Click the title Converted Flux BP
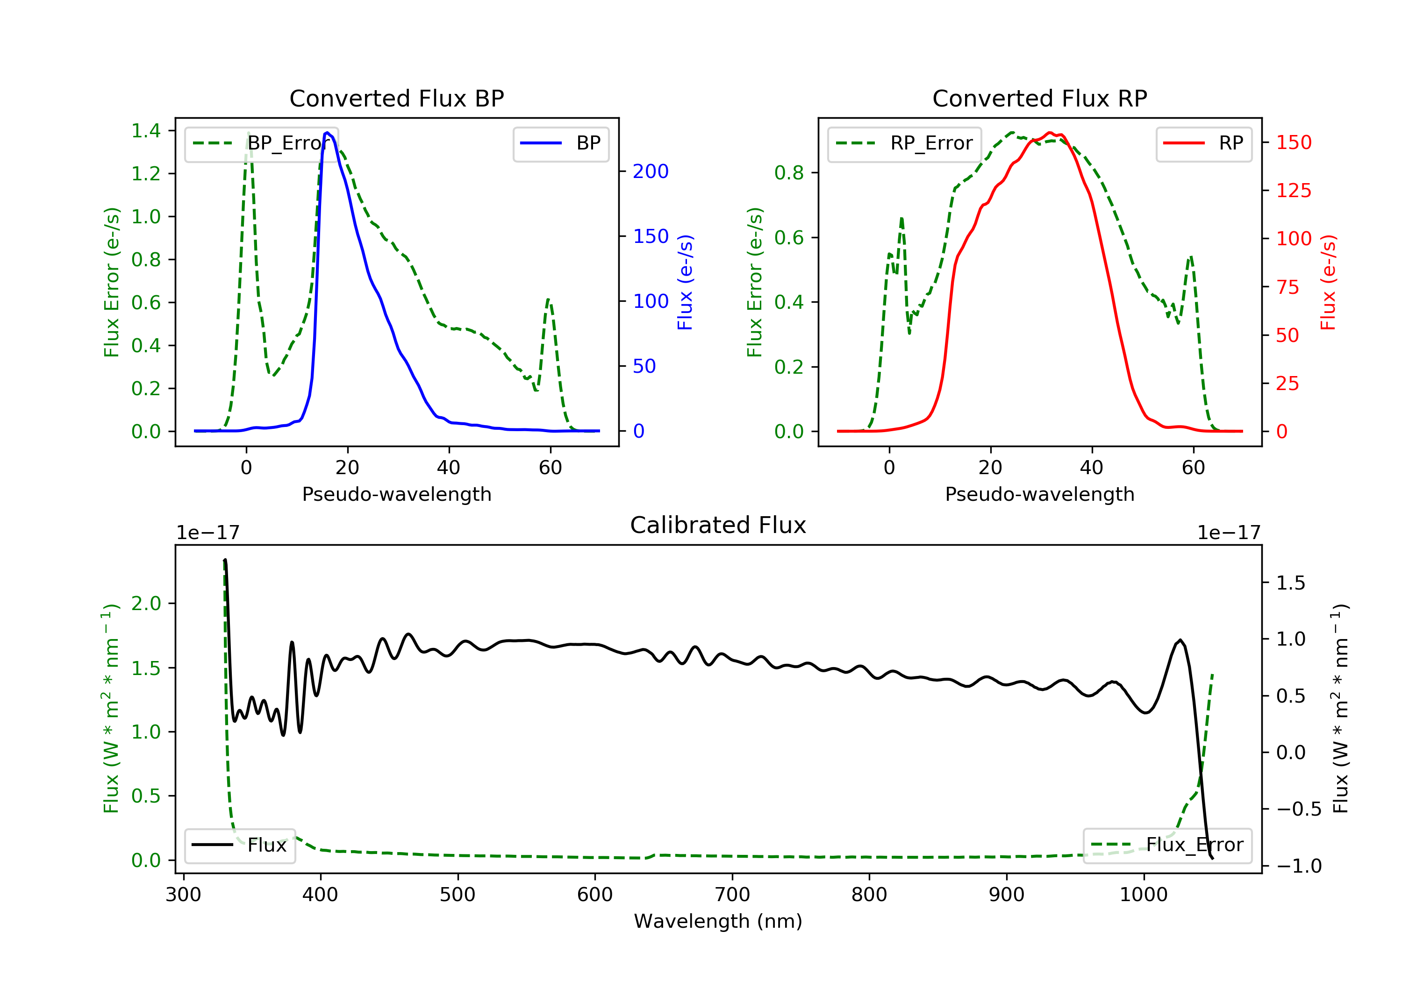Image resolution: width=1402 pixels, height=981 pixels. coord(396,98)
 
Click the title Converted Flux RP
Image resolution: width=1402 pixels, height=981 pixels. coord(1039,98)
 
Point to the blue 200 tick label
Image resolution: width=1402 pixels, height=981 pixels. coord(651,171)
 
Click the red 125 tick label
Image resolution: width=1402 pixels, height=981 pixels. coord(1293,191)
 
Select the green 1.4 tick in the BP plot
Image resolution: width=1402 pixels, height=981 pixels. coord(146,131)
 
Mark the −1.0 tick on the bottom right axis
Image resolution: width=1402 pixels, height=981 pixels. coord(1298,866)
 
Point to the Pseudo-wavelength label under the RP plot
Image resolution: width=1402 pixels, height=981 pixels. coord(1039,494)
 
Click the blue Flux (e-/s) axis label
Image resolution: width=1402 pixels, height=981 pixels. coord(685,282)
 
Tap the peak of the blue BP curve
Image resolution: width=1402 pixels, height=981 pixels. coord(327,133)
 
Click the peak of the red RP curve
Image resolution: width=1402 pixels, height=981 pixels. coord(1050,133)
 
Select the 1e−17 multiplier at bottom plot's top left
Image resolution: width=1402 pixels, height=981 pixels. coord(207,533)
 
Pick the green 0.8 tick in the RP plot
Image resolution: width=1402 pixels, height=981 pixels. coord(789,173)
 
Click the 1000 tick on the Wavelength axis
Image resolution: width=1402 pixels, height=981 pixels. coord(1143,895)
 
